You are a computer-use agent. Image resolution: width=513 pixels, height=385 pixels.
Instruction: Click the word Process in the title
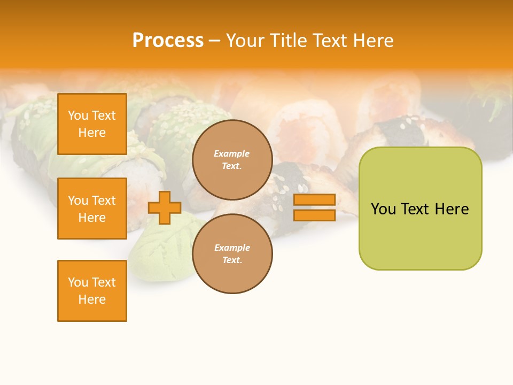(x=168, y=41)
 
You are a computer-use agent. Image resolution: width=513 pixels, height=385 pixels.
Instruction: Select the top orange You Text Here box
(x=92, y=124)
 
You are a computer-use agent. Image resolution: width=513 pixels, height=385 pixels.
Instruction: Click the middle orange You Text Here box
(x=92, y=209)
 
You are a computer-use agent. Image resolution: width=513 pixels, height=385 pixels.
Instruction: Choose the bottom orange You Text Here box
(x=92, y=291)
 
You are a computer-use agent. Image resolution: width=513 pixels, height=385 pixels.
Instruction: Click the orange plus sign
(x=165, y=207)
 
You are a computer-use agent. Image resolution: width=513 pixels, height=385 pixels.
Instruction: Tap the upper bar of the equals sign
(x=314, y=200)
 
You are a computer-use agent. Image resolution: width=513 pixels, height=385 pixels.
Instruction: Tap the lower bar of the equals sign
(x=314, y=215)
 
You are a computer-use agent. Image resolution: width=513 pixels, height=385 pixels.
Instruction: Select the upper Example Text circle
(x=232, y=159)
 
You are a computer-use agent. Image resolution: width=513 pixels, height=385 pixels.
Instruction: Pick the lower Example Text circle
(x=232, y=253)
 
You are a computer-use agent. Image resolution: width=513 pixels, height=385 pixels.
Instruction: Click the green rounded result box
(x=420, y=235)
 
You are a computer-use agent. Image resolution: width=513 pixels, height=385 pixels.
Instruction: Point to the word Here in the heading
(x=374, y=41)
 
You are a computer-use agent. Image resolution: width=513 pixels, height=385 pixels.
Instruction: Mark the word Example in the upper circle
(x=232, y=153)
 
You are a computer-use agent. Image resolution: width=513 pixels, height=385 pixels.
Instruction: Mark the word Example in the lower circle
(x=232, y=248)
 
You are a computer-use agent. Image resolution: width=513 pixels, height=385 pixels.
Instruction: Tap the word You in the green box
(x=384, y=209)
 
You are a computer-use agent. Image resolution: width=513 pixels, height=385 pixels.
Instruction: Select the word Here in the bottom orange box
(x=92, y=299)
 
